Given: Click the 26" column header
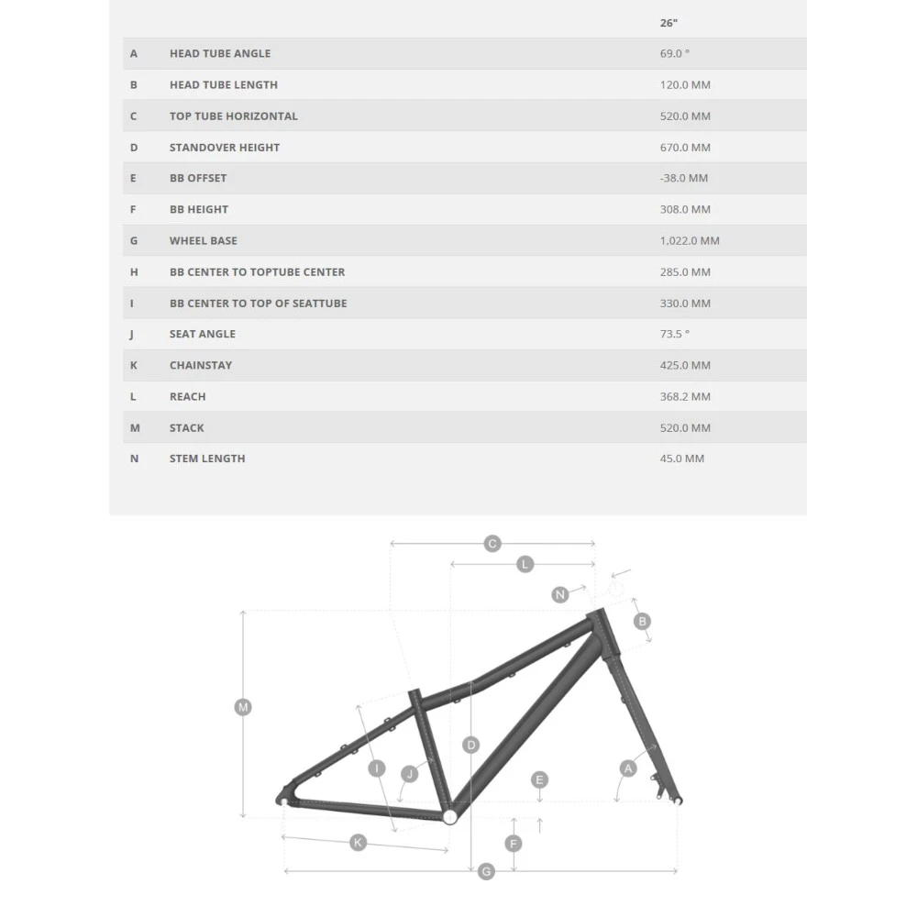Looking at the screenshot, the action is click(x=668, y=23).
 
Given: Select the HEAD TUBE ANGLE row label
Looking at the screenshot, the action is click(x=220, y=53).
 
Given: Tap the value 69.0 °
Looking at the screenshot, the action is click(x=674, y=53).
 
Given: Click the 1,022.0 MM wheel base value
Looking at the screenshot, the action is click(x=690, y=240).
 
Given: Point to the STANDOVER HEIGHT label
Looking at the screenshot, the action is click(x=225, y=148).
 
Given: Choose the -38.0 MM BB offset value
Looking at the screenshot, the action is click(x=684, y=178).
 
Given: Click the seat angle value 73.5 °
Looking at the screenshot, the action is click(x=674, y=334).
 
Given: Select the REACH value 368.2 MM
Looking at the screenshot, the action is click(x=685, y=396).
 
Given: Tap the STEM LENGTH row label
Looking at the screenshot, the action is click(x=207, y=458).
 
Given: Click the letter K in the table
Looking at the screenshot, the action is click(x=133, y=365).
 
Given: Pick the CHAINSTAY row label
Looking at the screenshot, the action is click(x=201, y=365).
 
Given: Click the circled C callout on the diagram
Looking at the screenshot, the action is click(x=492, y=544).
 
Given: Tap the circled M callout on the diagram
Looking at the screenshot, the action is click(x=243, y=708).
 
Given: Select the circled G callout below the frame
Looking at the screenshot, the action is click(x=486, y=871).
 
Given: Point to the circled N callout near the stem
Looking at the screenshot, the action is click(x=559, y=595).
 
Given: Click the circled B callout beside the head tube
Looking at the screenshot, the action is click(x=642, y=621).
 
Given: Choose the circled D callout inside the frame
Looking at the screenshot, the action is click(x=470, y=745).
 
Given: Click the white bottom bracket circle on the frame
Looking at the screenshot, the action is click(x=449, y=817).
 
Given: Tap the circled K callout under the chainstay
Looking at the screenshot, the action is click(x=358, y=843).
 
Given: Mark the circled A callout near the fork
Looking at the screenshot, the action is click(x=628, y=768).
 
